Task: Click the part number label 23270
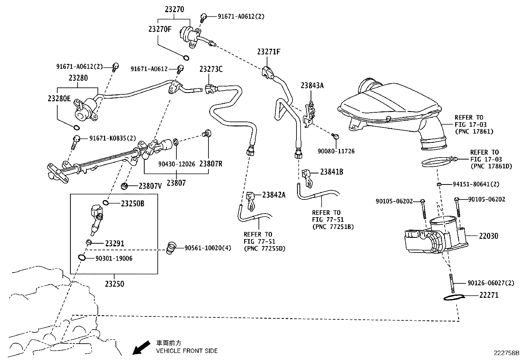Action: click(174, 9)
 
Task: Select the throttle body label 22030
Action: click(489, 236)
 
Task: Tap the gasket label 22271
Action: click(489, 295)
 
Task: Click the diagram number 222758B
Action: click(507, 353)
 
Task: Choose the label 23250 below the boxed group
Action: click(115, 284)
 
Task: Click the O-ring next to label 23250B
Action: click(106, 203)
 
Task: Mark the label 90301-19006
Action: click(114, 258)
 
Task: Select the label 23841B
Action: click(332, 172)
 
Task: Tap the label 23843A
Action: click(312, 85)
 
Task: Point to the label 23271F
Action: click(269, 52)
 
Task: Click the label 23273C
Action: click(211, 69)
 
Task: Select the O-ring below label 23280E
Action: click(76, 128)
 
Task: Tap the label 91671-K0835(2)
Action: click(113, 138)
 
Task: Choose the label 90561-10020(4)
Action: click(208, 248)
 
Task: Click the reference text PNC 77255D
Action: click(265, 249)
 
